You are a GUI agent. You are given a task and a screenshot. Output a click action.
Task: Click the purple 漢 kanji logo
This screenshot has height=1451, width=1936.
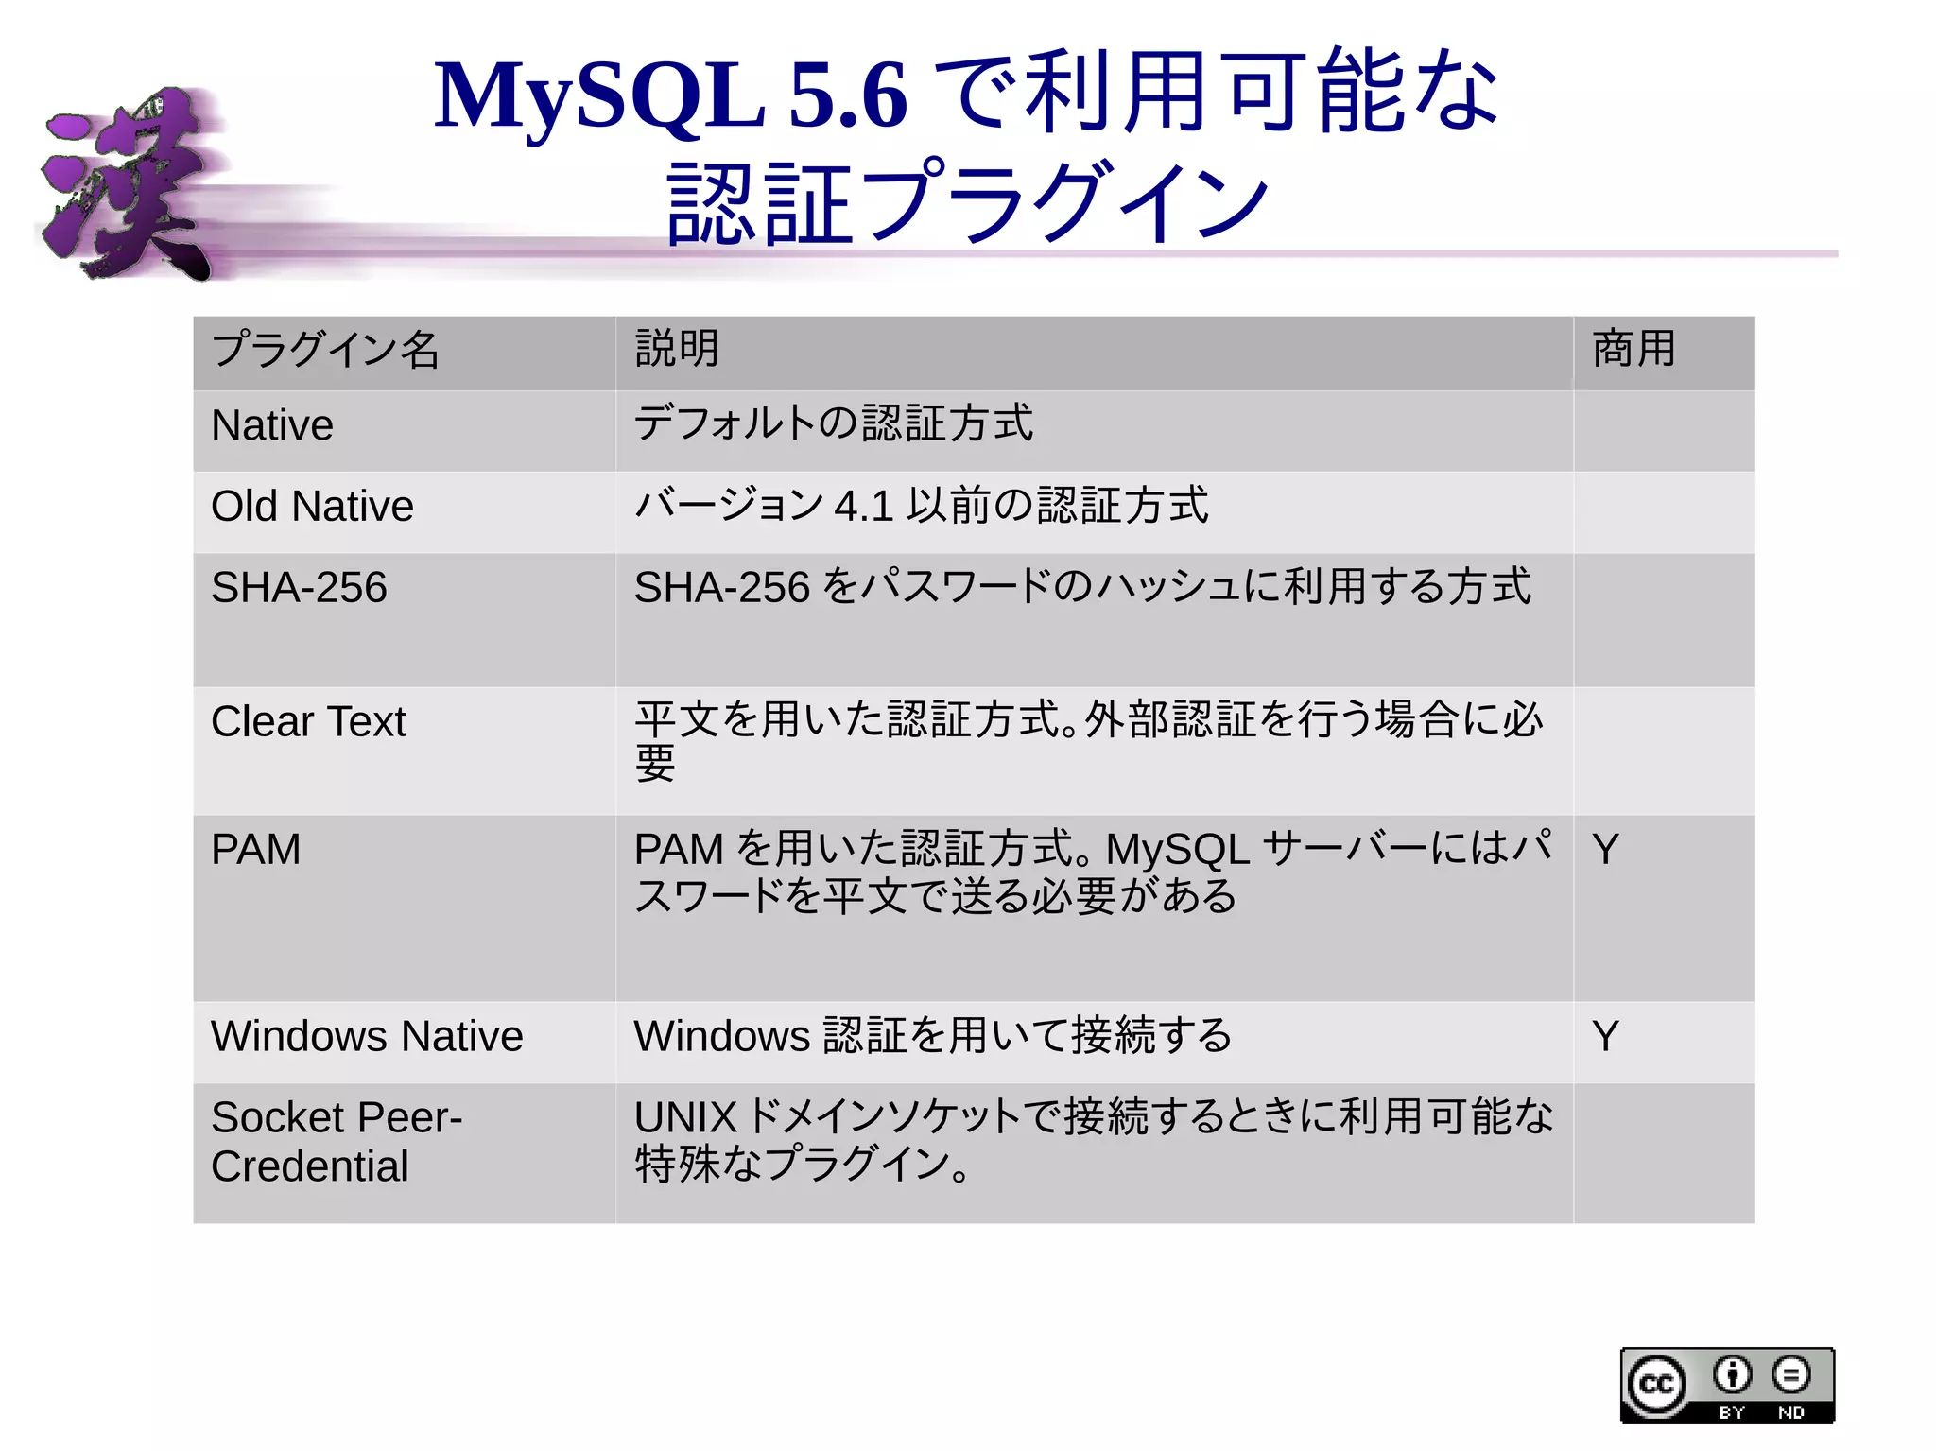[128, 184]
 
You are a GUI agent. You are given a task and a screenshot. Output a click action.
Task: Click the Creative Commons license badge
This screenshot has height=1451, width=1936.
[1727, 1385]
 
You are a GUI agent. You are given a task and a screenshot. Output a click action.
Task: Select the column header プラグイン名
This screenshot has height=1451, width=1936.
[325, 350]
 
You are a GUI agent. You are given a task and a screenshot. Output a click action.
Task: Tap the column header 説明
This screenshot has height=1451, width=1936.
[677, 349]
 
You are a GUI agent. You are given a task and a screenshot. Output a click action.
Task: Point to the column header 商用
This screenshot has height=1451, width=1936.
[1633, 349]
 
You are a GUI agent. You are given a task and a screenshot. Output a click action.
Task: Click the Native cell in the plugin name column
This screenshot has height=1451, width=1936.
[272, 425]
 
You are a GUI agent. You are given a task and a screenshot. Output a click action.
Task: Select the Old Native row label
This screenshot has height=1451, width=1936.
[312, 507]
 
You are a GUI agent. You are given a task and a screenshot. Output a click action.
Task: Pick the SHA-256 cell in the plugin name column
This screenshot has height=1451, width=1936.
[299, 588]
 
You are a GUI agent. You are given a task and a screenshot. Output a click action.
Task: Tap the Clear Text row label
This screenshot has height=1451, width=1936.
[308, 722]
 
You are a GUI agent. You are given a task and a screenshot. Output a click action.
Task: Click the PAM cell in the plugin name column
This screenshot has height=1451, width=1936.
[255, 849]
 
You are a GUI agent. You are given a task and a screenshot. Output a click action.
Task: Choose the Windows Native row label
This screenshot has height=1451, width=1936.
[367, 1036]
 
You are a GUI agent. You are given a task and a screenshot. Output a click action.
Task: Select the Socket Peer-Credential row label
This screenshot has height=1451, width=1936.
[336, 1142]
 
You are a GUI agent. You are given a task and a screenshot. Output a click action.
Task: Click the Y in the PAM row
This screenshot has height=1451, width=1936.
[1605, 849]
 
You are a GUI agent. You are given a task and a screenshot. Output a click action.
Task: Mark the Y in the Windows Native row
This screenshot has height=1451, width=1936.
[1605, 1036]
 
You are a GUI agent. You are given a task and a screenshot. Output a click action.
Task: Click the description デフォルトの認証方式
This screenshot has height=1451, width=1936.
[834, 423]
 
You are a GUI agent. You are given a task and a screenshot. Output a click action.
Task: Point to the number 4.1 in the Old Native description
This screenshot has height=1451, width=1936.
[864, 507]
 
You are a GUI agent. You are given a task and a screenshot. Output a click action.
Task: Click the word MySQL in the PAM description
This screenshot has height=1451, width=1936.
[1178, 849]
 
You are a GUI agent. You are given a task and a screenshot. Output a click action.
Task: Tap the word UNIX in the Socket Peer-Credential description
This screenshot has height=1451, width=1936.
[684, 1117]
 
